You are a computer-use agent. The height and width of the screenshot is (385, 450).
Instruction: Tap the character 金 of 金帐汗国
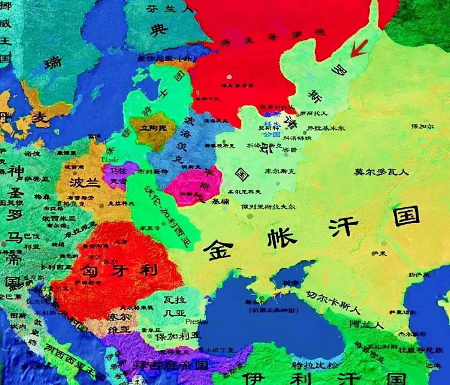coord(219,249)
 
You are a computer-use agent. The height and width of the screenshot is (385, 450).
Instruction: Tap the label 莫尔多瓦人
coord(381,172)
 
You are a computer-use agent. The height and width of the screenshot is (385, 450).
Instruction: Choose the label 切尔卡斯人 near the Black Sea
coord(333,300)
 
